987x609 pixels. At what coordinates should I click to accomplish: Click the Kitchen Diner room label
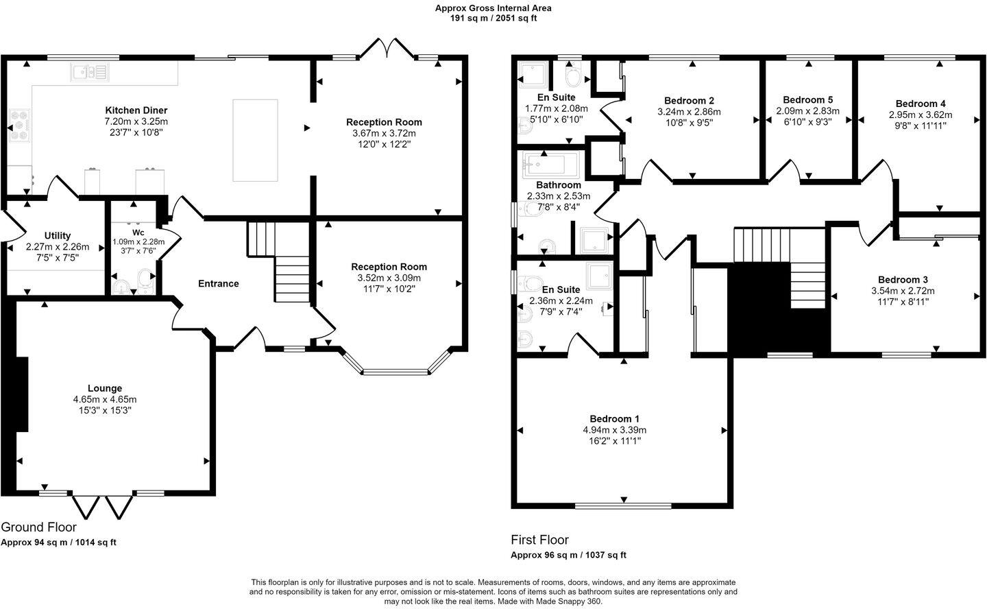click(x=136, y=110)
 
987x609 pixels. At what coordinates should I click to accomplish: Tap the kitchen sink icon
click(x=89, y=71)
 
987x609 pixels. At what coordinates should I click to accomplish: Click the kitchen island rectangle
click(x=256, y=140)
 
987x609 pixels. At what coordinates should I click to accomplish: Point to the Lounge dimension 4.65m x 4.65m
click(x=105, y=399)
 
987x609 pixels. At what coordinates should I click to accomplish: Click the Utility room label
click(x=58, y=236)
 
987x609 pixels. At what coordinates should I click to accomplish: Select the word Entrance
click(x=218, y=284)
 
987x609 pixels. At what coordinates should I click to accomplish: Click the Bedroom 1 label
click(x=614, y=419)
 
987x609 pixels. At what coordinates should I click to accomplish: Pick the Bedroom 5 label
click(x=807, y=99)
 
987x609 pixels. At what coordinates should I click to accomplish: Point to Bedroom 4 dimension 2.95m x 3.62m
click(x=921, y=115)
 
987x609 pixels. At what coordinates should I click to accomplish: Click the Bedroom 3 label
click(x=903, y=280)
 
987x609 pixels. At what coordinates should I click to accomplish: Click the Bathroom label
click(x=558, y=185)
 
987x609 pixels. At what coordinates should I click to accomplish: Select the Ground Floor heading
click(x=38, y=527)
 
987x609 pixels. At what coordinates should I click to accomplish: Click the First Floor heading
click(x=539, y=540)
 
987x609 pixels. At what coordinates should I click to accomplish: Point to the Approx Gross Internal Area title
click(x=493, y=8)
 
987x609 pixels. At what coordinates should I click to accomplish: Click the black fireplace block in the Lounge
click(x=21, y=394)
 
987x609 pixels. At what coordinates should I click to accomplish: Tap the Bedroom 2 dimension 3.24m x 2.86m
click(x=689, y=112)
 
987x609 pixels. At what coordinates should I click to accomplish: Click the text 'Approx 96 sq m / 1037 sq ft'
click(x=568, y=555)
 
